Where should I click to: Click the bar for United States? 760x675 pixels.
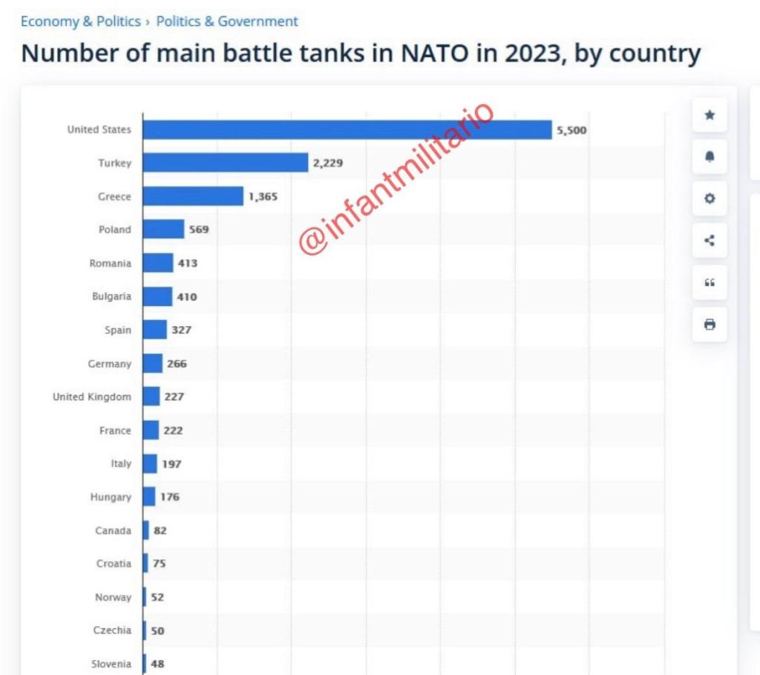click(x=347, y=130)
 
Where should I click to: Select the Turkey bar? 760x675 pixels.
click(x=225, y=163)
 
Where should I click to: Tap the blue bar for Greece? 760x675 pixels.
click(x=193, y=196)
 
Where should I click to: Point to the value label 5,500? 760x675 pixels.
click(x=571, y=131)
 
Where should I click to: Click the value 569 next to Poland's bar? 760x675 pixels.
click(x=199, y=229)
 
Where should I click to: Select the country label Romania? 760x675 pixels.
click(x=110, y=264)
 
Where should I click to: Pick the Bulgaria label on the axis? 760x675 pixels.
click(x=111, y=296)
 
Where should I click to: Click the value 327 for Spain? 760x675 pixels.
click(x=181, y=330)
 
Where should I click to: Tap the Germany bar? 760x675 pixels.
click(x=153, y=363)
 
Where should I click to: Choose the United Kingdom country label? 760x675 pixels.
click(x=91, y=397)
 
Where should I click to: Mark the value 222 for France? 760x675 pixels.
click(x=173, y=431)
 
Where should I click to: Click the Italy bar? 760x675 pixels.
click(x=150, y=463)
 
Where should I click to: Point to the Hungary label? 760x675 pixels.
click(x=111, y=498)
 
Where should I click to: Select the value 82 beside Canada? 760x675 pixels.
click(x=160, y=531)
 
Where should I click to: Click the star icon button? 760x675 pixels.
click(x=710, y=115)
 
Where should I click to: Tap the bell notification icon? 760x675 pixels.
click(x=710, y=157)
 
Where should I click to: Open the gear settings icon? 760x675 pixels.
click(x=710, y=198)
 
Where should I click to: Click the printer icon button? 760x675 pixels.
click(x=710, y=325)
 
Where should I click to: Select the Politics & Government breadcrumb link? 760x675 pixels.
click(x=226, y=22)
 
